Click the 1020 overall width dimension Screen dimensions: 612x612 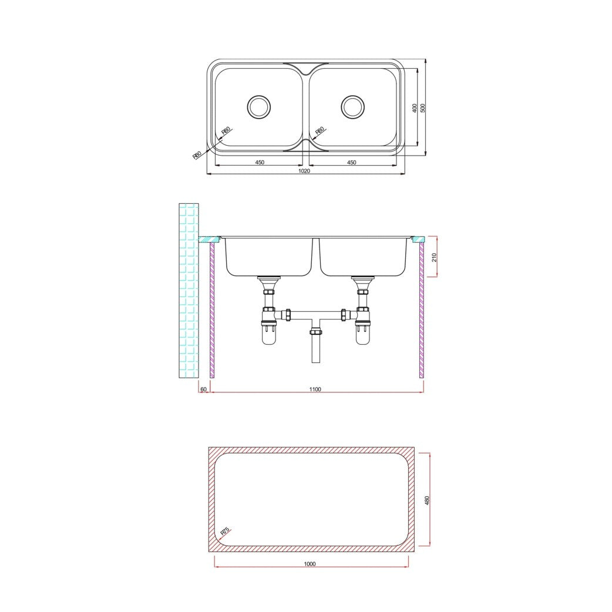[304, 170]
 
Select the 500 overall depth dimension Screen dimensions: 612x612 [423, 108]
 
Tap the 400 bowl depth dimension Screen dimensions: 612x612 [415, 108]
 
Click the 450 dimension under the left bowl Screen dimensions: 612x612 [260, 162]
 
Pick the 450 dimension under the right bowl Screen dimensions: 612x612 [352, 162]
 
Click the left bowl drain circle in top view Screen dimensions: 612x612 [259, 106]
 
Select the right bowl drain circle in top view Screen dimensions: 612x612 [353, 106]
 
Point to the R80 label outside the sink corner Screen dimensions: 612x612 [197, 155]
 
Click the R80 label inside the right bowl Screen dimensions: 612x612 [320, 131]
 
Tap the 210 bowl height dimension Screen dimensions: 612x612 [435, 257]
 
